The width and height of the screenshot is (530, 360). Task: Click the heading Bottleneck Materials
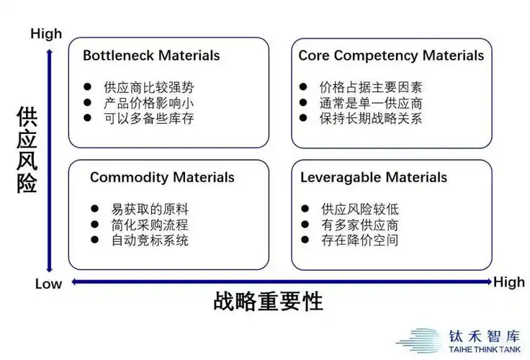[151, 55]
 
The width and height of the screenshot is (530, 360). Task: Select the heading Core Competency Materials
[391, 55]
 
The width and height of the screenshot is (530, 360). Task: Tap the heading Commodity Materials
[162, 177]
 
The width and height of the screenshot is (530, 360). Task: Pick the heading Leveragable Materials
[374, 177]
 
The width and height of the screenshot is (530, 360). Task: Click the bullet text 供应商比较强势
[148, 87]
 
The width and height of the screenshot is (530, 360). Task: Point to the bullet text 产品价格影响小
[148, 103]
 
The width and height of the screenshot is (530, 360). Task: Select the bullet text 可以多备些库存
[148, 118]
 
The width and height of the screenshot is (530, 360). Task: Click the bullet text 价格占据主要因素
[371, 87]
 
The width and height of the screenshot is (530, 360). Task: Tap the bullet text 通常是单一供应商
[371, 103]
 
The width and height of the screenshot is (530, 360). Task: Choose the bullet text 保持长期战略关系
[371, 118]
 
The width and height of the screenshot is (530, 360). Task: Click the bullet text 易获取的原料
[150, 209]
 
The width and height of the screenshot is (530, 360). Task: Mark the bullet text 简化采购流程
[150, 225]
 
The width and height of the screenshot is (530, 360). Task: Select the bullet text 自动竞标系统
[150, 240]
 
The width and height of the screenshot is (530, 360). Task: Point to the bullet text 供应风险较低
[360, 209]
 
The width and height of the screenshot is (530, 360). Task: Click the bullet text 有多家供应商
[360, 225]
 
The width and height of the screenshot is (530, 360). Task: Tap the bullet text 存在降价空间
[360, 240]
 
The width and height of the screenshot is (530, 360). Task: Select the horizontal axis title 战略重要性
[268, 302]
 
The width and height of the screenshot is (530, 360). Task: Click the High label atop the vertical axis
[46, 34]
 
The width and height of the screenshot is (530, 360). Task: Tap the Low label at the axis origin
[48, 284]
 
